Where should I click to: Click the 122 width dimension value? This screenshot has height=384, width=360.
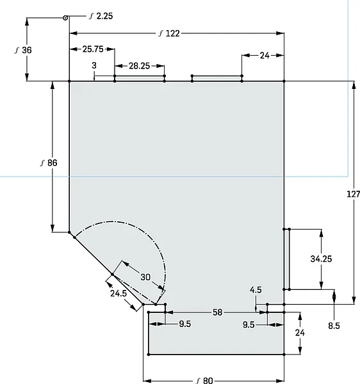point(173,33)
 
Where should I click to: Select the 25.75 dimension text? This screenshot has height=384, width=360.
point(93,49)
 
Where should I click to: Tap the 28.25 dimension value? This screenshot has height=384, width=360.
point(139,66)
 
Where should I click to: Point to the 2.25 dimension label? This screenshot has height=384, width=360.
point(104,16)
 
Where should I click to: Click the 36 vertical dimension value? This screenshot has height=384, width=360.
point(27,50)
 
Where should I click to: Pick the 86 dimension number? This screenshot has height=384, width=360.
point(52,163)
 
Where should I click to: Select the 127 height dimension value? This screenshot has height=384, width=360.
point(354,194)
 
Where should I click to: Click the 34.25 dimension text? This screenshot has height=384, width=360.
point(321,259)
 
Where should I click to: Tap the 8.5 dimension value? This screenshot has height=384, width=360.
point(334,326)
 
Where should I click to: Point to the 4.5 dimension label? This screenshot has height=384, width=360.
point(256,290)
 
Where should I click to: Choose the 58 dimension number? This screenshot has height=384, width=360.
point(217,312)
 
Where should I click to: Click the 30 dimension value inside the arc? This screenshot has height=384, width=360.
point(145,277)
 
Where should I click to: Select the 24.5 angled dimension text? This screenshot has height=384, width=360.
point(119,293)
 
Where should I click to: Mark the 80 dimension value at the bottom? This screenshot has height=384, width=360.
point(208,380)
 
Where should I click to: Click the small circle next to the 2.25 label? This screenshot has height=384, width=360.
point(65,18)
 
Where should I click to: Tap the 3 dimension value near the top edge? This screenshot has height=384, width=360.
point(94,65)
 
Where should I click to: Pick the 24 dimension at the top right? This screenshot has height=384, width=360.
point(265,56)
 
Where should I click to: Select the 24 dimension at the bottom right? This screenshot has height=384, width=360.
point(300,333)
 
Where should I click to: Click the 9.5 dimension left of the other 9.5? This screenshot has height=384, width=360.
point(184,324)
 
